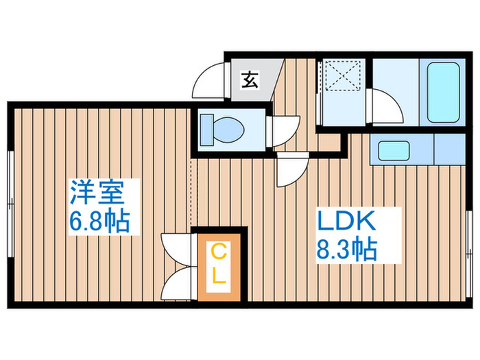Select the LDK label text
[345, 222]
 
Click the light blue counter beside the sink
[448, 148]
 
